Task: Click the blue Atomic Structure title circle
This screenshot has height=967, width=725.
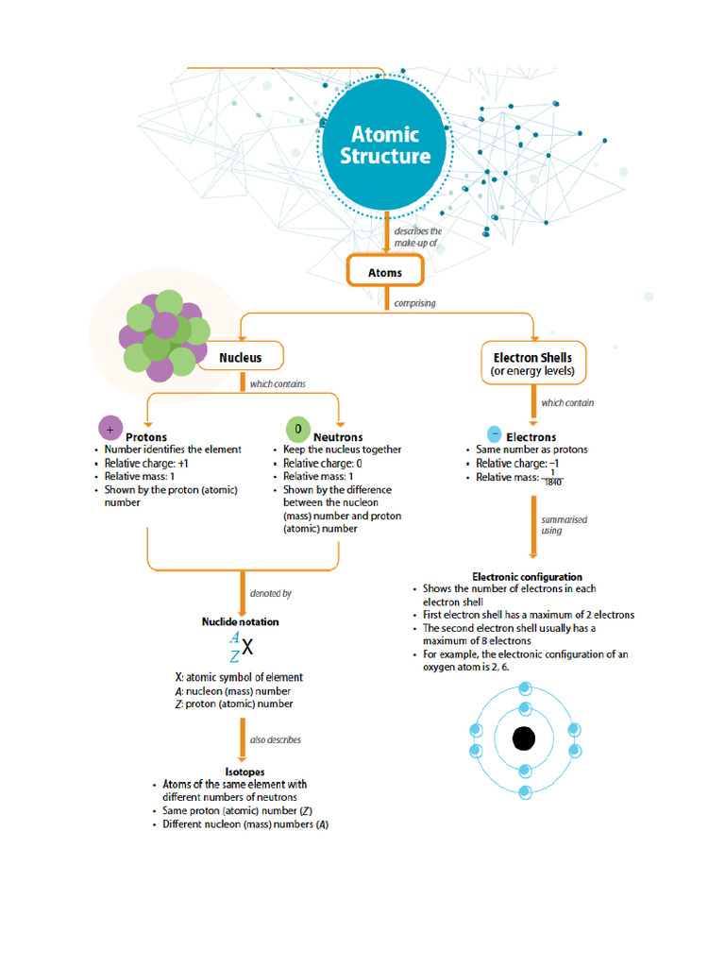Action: (385, 146)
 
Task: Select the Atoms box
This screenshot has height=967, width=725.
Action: (384, 273)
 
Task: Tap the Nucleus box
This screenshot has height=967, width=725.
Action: (240, 358)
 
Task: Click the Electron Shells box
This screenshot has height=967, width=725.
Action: (532, 363)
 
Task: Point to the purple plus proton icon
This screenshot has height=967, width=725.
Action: (110, 429)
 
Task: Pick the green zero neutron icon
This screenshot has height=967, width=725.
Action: (297, 429)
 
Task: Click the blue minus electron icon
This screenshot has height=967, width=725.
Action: (493, 435)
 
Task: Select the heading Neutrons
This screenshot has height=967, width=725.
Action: (337, 437)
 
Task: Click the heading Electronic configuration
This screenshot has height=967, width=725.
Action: (527, 576)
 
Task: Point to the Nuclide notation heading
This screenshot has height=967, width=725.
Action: (240, 621)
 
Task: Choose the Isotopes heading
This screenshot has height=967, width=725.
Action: (244, 772)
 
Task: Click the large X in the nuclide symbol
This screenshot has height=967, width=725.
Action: (246, 648)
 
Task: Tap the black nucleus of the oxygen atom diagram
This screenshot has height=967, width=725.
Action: (524, 738)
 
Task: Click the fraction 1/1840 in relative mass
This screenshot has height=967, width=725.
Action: (552, 478)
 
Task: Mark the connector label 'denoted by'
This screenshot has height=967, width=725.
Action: (270, 593)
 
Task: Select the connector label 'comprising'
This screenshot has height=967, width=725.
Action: (414, 303)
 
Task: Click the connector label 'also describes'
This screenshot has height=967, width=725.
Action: (276, 739)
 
